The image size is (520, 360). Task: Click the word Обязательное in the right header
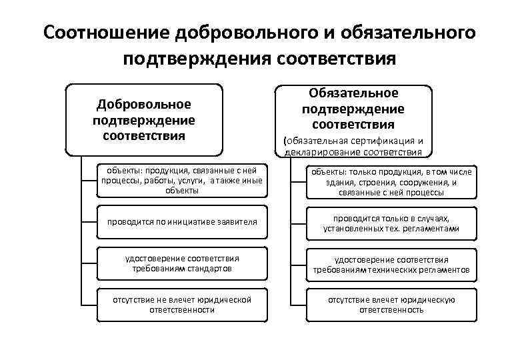[x=353, y=93]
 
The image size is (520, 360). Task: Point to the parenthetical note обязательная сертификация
[x=353, y=141]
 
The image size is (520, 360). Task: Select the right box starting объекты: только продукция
[x=391, y=182]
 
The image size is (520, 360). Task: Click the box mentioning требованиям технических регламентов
[x=391, y=265]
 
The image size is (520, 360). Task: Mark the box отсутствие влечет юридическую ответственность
[x=391, y=305]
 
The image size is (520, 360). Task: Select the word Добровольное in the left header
[x=144, y=105]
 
